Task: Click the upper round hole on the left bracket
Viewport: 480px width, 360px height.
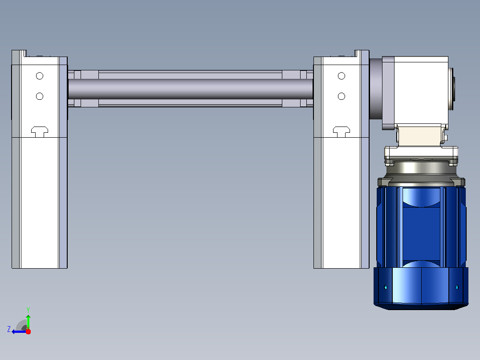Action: tap(40, 76)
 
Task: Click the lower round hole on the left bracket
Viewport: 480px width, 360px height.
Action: tap(40, 96)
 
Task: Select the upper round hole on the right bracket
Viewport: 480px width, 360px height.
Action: tap(342, 76)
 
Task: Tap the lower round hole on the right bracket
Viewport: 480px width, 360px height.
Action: tap(342, 96)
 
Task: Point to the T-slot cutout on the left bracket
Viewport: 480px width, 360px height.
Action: tap(40, 131)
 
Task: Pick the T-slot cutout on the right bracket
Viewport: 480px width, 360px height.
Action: tap(342, 131)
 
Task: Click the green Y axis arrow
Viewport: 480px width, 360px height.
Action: tap(28, 322)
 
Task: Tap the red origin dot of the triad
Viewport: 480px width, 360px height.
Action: tap(28, 331)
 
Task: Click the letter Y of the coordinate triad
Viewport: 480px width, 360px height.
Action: tap(28, 310)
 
